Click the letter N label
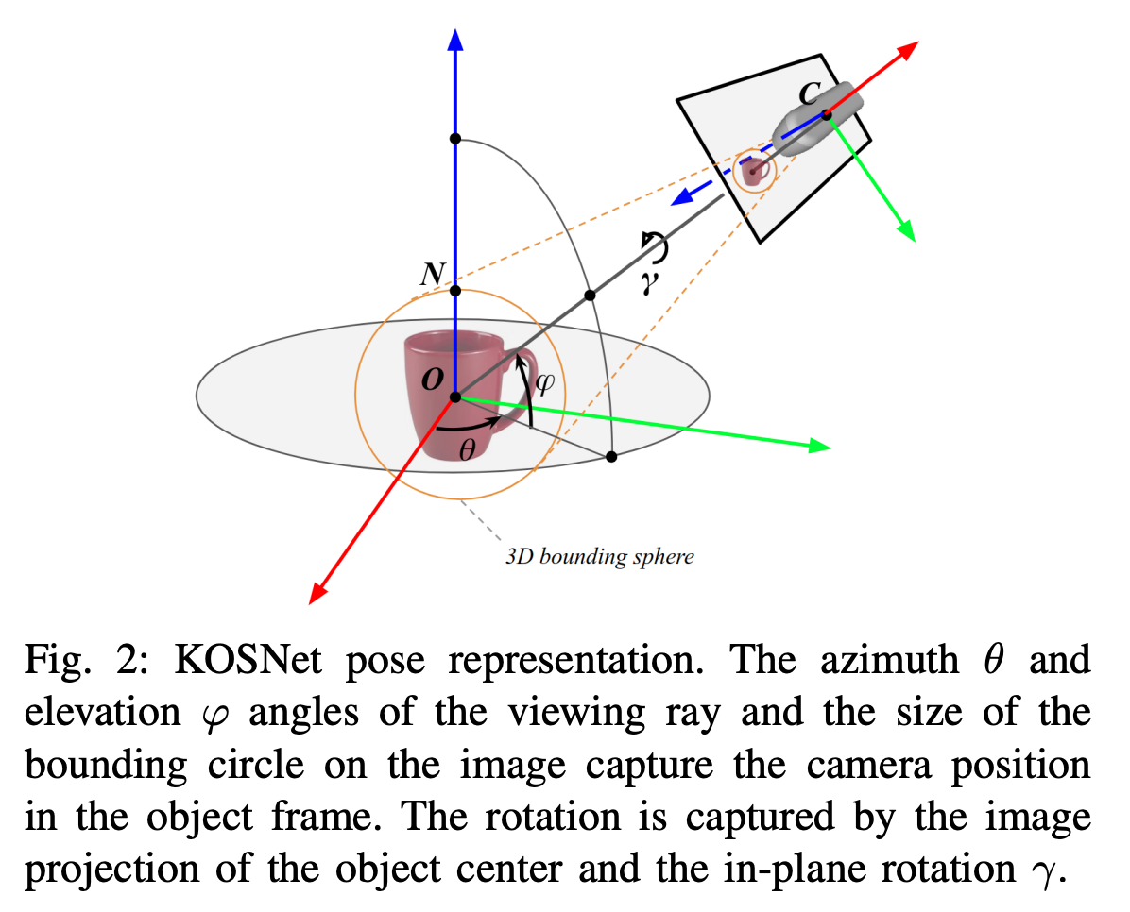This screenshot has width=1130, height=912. tap(431, 275)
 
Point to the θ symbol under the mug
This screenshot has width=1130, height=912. tap(467, 450)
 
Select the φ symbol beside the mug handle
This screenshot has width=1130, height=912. tap(544, 383)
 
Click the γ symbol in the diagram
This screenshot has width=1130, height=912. tap(648, 281)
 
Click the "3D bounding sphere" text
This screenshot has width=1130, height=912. tap(599, 556)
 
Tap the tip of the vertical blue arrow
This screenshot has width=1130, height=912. tap(455, 38)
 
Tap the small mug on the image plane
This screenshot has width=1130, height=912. tap(754, 172)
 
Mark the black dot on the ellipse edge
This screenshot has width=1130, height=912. tap(611, 457)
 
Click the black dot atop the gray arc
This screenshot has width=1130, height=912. tap(455, 139)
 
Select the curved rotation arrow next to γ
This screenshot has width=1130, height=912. tap(655, 247)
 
